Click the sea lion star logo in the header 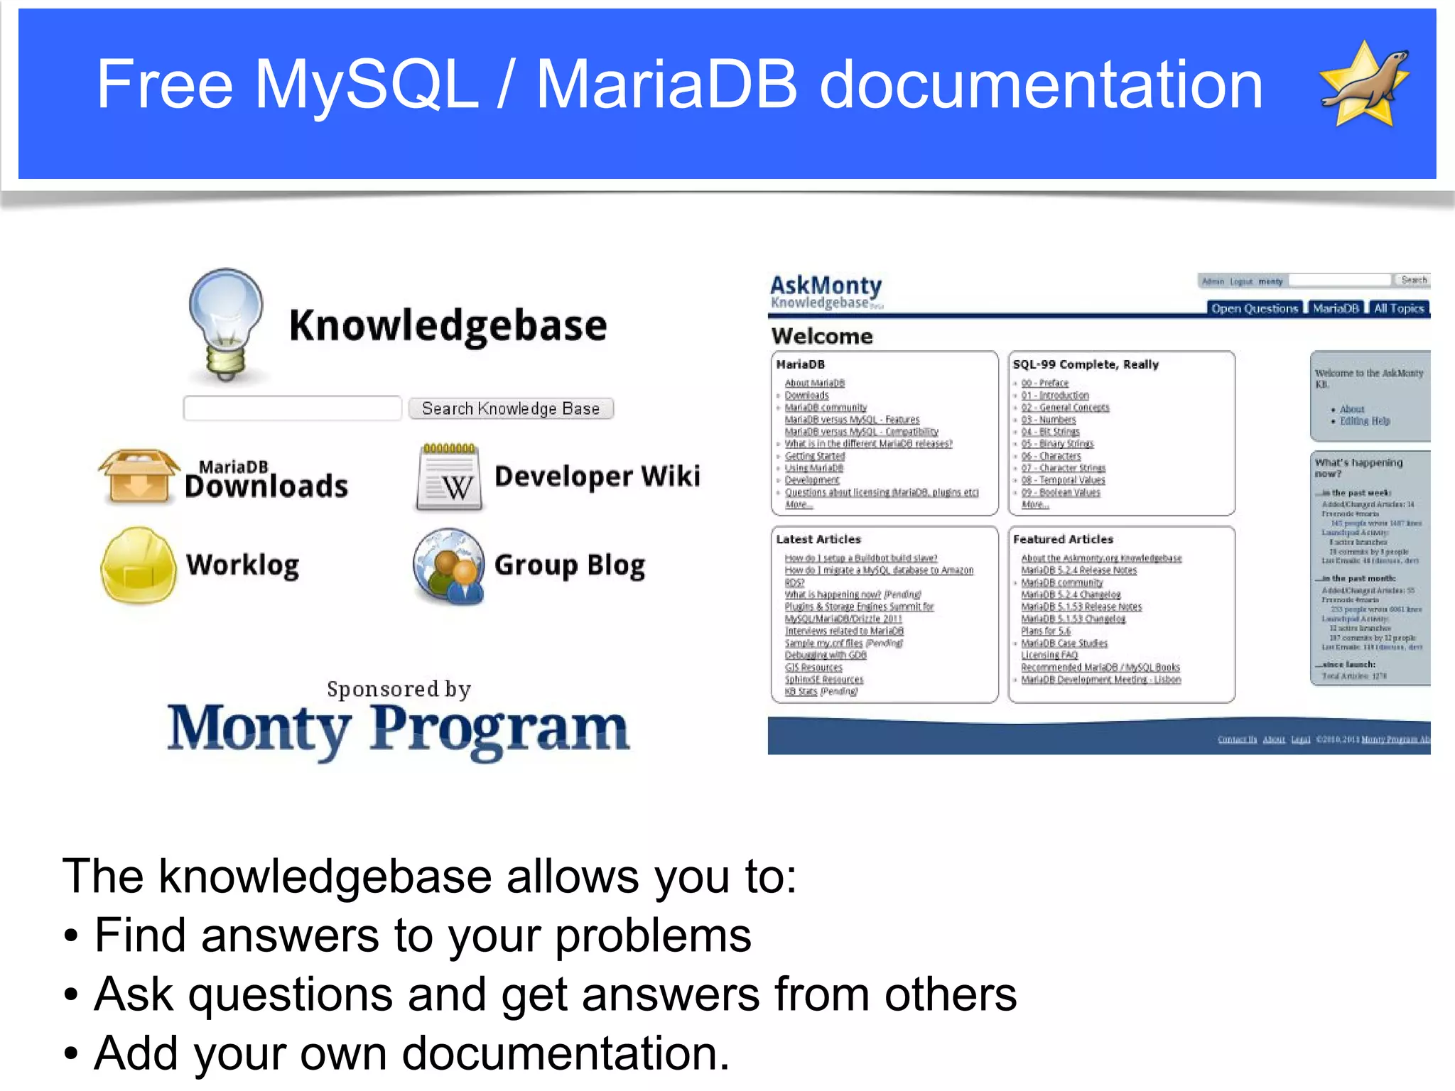1364,85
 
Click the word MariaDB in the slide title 666,85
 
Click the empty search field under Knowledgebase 293,408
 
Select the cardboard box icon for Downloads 139,477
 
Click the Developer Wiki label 597,476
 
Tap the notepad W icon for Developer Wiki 449,477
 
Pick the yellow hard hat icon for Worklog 139,565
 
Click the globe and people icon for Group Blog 449,566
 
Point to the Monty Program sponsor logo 398,728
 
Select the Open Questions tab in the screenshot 1254,308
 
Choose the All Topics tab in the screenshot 1398,308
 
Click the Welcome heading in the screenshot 822,336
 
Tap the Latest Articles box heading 818,539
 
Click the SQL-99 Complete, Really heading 1085,364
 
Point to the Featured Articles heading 1063,539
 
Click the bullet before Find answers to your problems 70,936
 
